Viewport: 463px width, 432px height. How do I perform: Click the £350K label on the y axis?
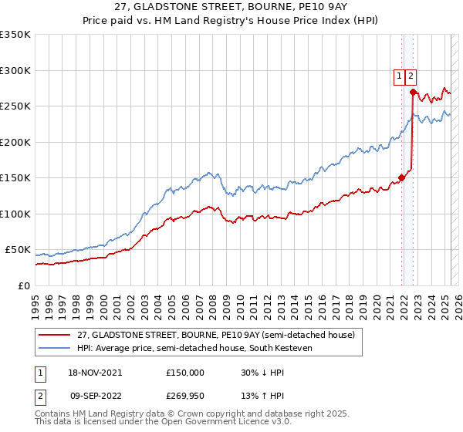(15, 35)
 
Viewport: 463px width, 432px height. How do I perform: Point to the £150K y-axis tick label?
(15, 178)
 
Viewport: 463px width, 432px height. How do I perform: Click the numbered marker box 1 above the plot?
(400, 76)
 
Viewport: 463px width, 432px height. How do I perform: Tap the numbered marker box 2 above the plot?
(411, 76)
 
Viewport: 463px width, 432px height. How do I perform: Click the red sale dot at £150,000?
(402, 178)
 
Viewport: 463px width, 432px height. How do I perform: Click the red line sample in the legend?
(55, 335)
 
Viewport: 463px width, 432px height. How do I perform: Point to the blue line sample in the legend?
(55, 349)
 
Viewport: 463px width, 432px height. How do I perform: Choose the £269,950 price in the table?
(185, 393)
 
